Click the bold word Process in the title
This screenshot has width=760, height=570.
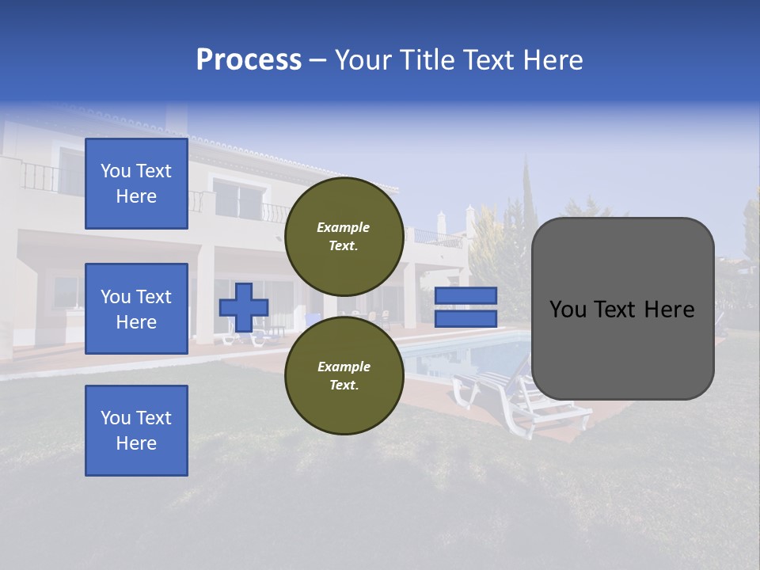click(x=249, y=60)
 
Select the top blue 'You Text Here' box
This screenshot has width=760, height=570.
click(x=136, y=184)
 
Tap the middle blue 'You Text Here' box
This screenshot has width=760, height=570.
click(x=136, y=309)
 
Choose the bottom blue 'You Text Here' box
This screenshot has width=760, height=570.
click(x=136, y=431)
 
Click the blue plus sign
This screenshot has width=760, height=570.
click(x=244, y=307)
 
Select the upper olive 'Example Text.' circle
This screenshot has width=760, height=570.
click(x=344, y=237)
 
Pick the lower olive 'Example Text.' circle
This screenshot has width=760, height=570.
click(x=344, y=376)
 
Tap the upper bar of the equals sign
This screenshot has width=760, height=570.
click(x=465, y=296)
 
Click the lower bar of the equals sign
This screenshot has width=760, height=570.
click(x=465, y=318)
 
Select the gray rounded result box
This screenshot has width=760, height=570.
click(x=622, y=309)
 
